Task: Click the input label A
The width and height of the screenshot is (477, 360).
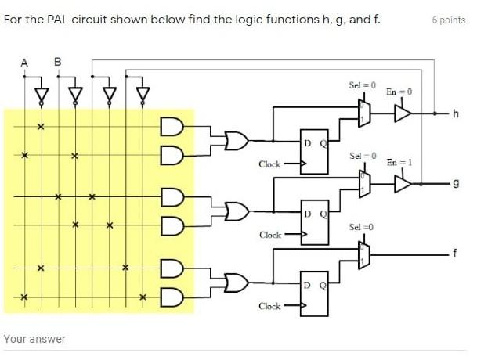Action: [23, 63]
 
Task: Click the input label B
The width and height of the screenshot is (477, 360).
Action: [57, 63]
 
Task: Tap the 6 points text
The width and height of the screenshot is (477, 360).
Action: [448, 20]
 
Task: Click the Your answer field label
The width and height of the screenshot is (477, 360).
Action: [34, 339]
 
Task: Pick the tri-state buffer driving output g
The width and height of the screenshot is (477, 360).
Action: [403, 183]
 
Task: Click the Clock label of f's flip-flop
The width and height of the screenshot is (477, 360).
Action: [269, 306]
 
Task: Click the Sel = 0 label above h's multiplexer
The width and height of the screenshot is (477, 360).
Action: [362, 85]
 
